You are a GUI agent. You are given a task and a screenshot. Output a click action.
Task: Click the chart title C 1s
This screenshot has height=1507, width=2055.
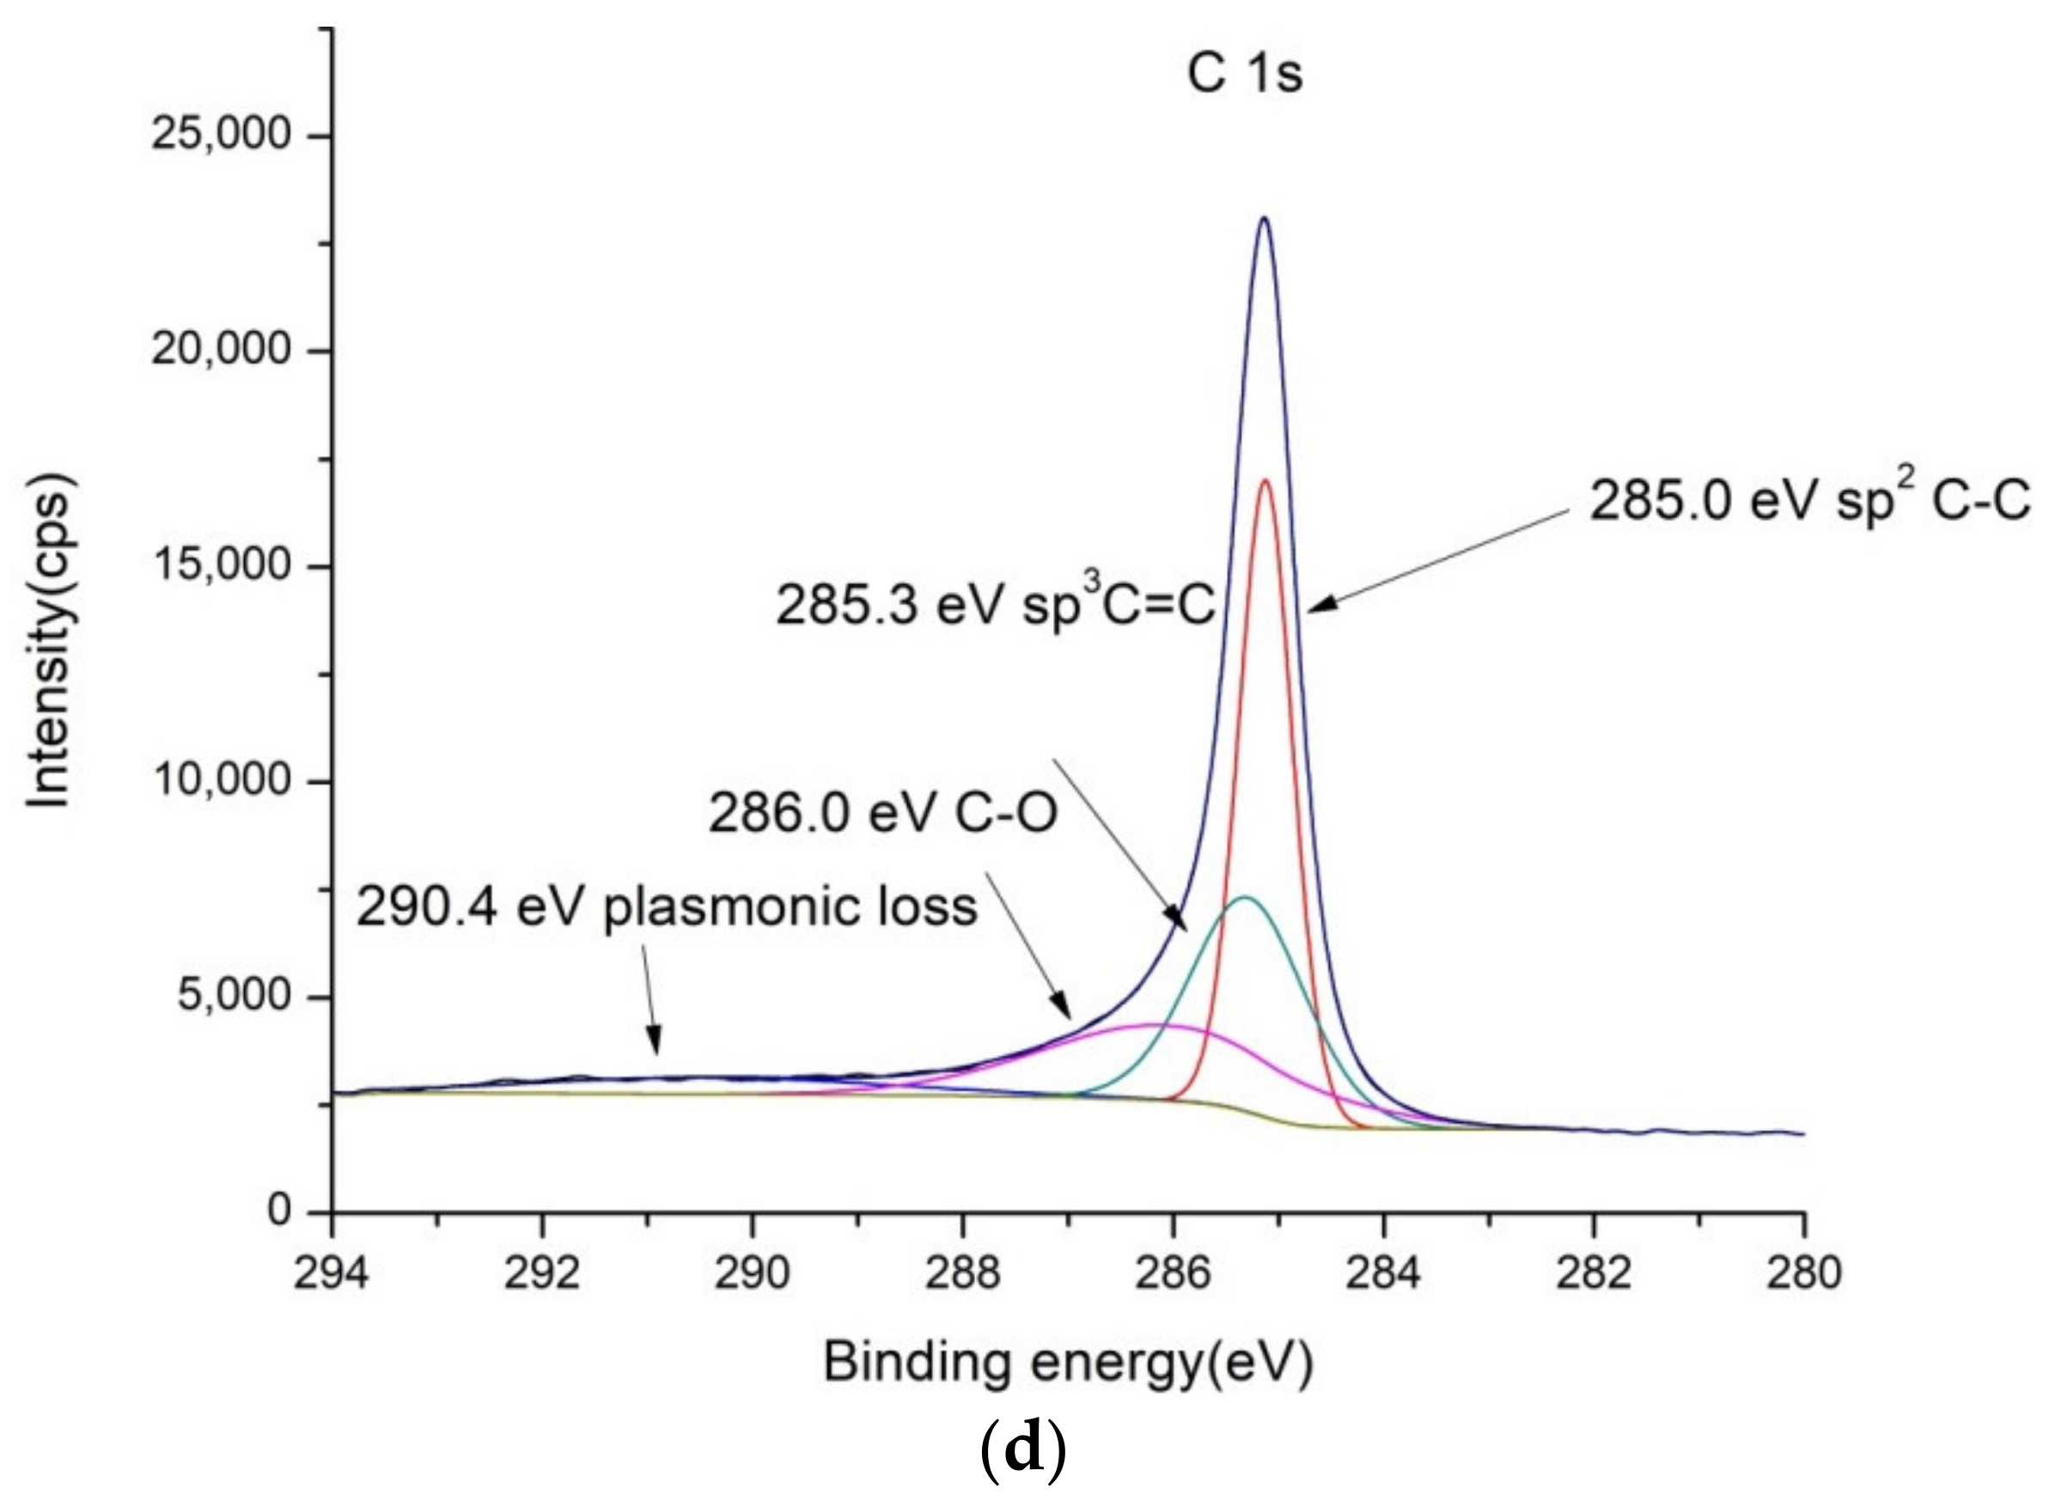point(1244,74)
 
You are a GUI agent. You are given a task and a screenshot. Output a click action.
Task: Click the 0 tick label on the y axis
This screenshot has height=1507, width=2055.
point(278,1211)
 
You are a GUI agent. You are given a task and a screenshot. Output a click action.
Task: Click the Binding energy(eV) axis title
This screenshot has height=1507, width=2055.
point(1067,1363)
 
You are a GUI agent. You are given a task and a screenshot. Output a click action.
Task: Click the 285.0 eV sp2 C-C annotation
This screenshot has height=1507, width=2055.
point(1809,501)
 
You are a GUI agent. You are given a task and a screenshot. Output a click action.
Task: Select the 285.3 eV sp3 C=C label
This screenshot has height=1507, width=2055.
point(994,605)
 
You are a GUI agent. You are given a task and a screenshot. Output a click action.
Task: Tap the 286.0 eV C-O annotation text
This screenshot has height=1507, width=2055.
point(883,813)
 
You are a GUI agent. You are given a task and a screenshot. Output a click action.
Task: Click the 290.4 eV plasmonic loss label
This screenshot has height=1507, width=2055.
point(667,907)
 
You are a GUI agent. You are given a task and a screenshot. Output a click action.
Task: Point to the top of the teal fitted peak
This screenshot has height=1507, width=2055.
point(1245,898)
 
